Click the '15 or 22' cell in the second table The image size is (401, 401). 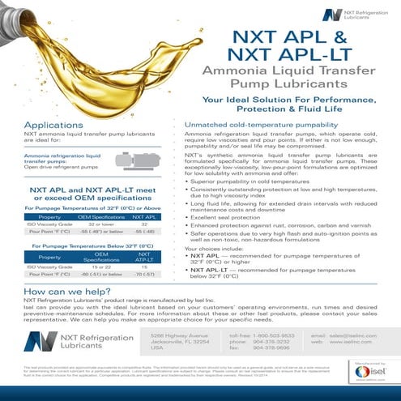[100, 267]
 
